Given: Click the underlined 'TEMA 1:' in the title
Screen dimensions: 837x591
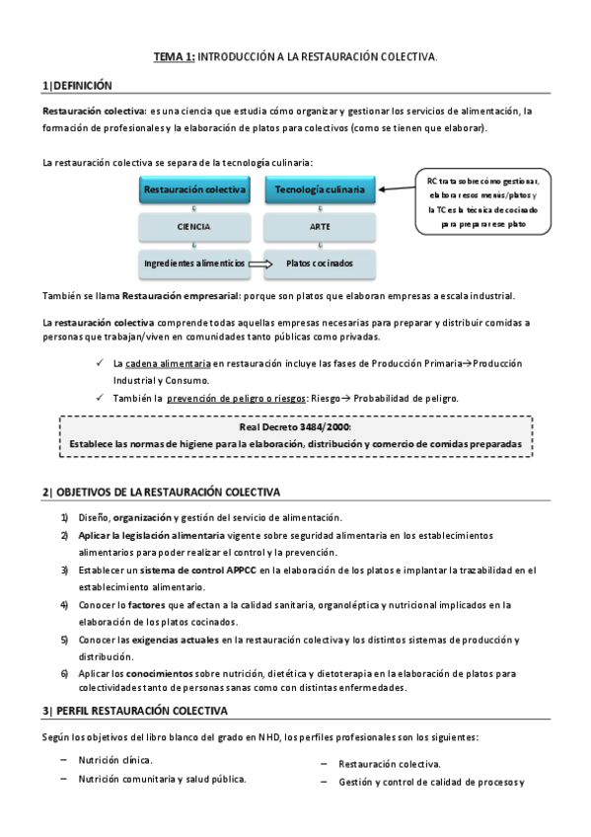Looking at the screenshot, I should (175, 58).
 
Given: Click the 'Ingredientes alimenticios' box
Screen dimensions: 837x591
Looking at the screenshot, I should (192, 265).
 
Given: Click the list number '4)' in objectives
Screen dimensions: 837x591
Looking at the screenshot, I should (64, 604).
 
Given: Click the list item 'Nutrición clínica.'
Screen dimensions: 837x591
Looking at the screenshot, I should (115, 760).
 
